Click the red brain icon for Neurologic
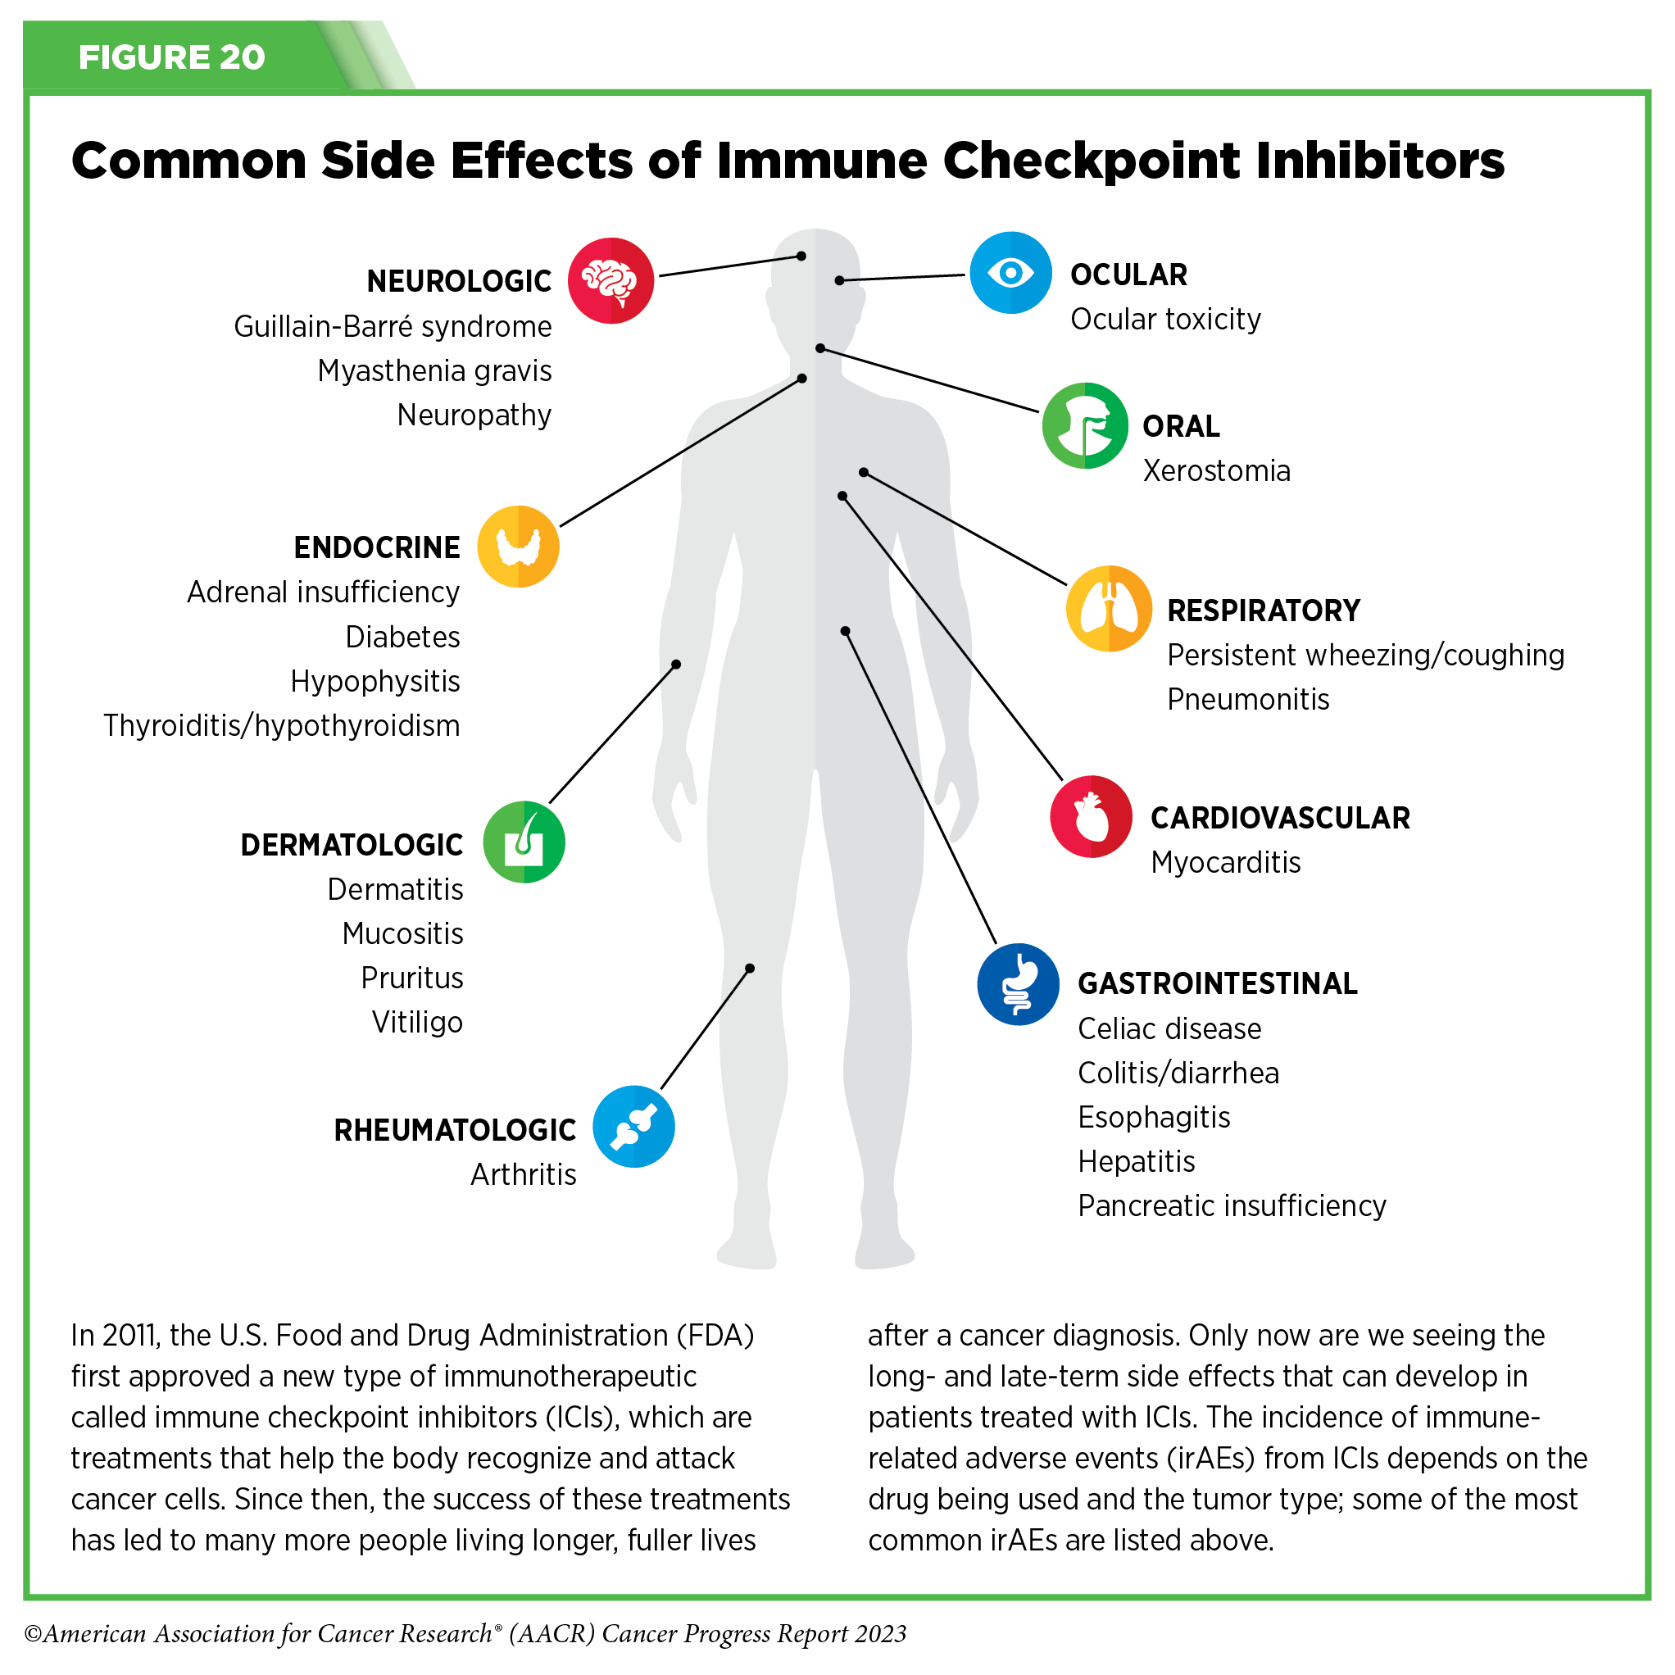coord(611,281)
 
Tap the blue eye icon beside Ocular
coord(1010,273)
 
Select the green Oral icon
coord(1085,425)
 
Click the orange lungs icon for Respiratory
coord(1109,609)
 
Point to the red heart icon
coord(1091,817)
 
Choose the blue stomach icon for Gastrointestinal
coord(1018,984)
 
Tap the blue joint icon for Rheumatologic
coord(633,1126)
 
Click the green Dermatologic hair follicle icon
coord(524,842)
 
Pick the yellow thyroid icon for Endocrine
coord(519,547)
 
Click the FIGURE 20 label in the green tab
coord(171,57)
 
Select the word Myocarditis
coord(1225,863)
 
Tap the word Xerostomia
coord(1216,470)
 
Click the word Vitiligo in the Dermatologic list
coord(417,1022)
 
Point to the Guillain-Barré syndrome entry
coord(393,327)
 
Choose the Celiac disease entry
coord(1169,1029)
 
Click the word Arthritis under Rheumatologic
coord(523,1175)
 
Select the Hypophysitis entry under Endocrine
coord(374,682)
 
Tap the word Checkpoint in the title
coord(1091,161)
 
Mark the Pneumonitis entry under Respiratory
coord(1247,700)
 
